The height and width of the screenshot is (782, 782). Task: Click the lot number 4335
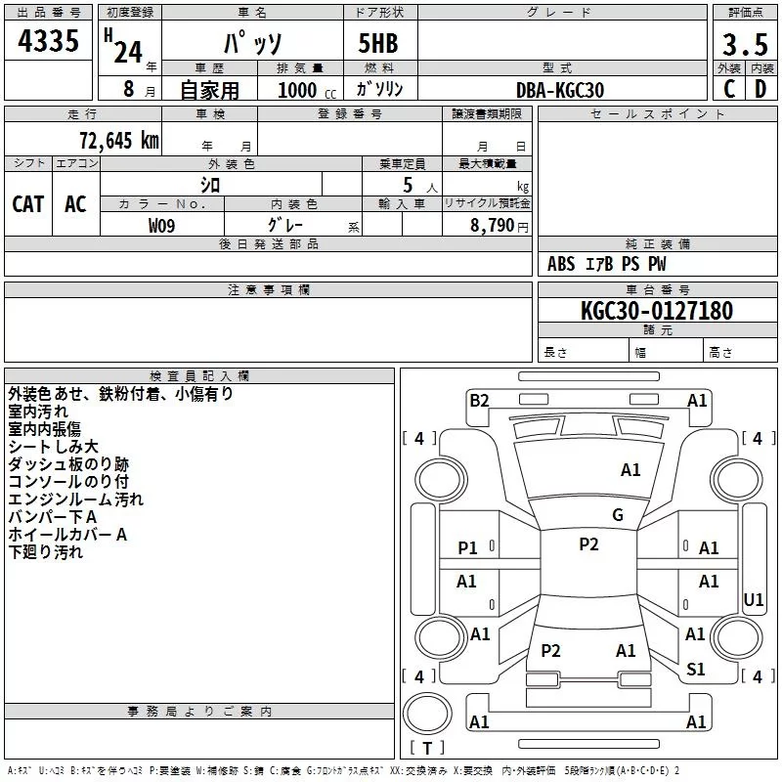[48, 40]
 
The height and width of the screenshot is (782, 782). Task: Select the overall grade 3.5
[745, 44]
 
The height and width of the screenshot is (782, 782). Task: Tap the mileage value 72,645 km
[119, 141]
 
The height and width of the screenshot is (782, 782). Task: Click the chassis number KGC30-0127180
[657, 310]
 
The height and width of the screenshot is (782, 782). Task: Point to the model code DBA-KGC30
[560, 90]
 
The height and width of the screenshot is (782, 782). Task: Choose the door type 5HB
[378, 43]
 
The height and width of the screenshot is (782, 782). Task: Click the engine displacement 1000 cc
[307, 90]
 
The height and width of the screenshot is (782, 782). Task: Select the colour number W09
[161, 226]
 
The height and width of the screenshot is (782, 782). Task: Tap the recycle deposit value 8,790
[493, 225]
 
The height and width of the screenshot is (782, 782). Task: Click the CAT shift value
[28, 204]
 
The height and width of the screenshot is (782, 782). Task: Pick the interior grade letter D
[760, 89]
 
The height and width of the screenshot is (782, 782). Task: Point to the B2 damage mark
[479, 400]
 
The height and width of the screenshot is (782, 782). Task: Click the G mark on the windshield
[618, 514]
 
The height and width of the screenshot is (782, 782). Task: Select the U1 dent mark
[753, 599]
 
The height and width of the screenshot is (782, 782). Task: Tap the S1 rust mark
[695, 669]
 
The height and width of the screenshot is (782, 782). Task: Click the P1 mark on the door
[467, 547]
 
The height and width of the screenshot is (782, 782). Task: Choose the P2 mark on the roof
[588, 543]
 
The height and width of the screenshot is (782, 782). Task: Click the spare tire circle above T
[427, 714]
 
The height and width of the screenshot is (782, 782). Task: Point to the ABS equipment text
[561, 264]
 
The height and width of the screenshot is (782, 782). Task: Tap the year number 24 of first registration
[128, 52]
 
